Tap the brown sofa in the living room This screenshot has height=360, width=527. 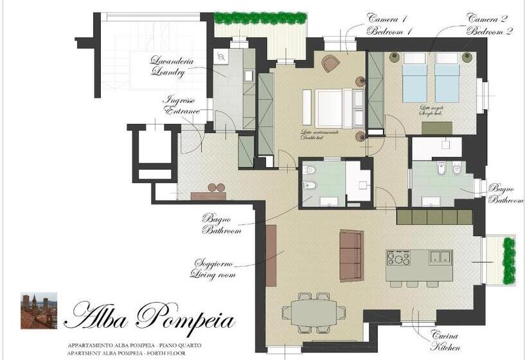[x=351, y=255]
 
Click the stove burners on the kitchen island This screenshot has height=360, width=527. [x=398, y=258]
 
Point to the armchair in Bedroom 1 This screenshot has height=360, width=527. [x=330, y=63]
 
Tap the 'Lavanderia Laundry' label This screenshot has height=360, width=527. [x=168, y=67]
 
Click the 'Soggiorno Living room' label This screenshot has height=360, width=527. [x=213, y=269]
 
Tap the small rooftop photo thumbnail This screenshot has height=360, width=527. [x=39, y=310]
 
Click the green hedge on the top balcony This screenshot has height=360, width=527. [x=260, y=18]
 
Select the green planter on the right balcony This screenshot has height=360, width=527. [x=508, y=260]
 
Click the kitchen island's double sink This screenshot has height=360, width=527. [x=440, y=257]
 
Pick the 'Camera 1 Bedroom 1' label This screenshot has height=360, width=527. [x=389, y=24]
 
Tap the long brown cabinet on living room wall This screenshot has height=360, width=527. [x=271, y=255]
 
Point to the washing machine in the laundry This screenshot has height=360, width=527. [x=222, y=57]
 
